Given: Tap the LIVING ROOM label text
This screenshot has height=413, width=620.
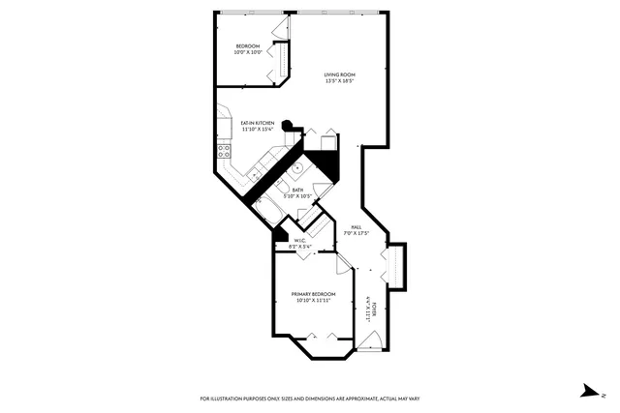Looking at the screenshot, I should pyautogui.click(x=339, y=74).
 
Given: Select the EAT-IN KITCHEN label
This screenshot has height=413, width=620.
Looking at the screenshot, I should pyautogui.click(x=258, y=123).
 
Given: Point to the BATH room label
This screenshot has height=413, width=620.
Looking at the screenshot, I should pyautogui.click(x=298, y=191).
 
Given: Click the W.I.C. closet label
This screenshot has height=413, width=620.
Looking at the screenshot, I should pyautogui.click(x=300, y=241).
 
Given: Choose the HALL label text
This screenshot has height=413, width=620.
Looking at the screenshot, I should pyautogui.click(x=357, y=227).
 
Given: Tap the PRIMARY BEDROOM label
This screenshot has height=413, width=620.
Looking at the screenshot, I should pyautogui.click(x=314, y=294).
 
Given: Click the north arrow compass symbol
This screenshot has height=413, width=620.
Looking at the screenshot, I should pyautogui.click(x=591, y=390).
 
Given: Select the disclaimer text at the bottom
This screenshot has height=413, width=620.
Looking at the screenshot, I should pyautogui.click(x=309, y=398).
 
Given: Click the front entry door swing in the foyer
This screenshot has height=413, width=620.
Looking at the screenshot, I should pyautogui.click(x=370, y=339).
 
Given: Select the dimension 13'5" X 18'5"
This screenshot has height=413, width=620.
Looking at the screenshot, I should pyautogui.click(x=339, y=81).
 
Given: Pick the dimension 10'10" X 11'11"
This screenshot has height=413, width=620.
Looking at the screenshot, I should pyautogui.click(x=314, y=301).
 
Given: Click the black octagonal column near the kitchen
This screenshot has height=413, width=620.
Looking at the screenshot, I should pyautogui.click(x=288, y=125).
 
